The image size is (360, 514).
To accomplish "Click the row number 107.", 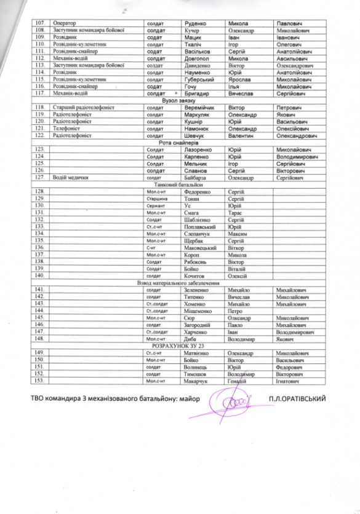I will [42, 22].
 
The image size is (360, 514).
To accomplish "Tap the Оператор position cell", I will [64, 22].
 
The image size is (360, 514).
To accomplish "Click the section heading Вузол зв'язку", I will [180, 100].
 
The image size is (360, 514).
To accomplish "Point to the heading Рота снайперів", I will [180, 142].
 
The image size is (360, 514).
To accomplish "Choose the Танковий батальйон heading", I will [180, 184].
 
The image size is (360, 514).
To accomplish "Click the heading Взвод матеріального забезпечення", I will [180, 282].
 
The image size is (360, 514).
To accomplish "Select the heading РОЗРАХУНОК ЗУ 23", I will [180, 346].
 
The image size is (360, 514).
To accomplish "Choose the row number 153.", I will [42, 381].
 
